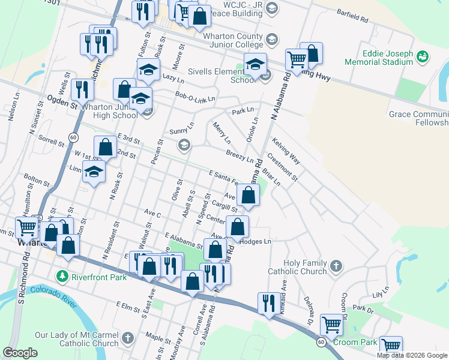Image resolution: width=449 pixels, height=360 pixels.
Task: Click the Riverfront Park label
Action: (x=98, y=277)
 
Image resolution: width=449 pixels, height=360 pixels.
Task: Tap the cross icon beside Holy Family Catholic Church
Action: (x=336, y=265)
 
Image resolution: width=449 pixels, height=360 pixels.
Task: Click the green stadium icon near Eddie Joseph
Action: (x=423, y=56)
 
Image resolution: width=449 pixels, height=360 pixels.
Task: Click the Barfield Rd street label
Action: (x=352, y=16)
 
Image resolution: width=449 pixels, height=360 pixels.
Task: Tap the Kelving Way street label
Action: (x=286, y=150)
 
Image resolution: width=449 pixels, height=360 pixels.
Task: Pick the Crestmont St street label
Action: (x=283, y=167)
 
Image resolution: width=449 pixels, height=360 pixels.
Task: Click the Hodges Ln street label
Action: (x=256, y=241)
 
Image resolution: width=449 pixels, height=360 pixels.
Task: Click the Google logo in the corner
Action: (x=20, y=353)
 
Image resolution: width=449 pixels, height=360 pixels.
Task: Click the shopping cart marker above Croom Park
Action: (x=331, y=325)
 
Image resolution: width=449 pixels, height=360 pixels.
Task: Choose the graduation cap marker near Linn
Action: (x=94, y=172)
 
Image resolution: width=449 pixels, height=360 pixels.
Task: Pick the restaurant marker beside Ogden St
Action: (x=82, y=89)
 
